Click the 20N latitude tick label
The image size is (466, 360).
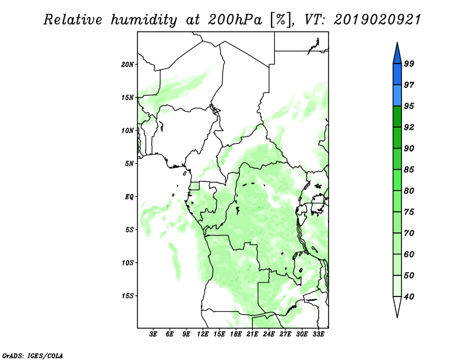[x=128, y=65]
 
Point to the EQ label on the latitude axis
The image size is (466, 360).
[x=129, y=197]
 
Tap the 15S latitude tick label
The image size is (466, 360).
[x=128, y=296]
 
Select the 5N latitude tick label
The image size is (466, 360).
[x=129, y=164]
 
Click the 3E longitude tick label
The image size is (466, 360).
[x=153, y=334]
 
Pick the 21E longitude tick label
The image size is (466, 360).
[x=252, y=334]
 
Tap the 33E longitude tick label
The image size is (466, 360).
[x=318, y=334]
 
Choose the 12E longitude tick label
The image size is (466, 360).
[x=203, y=334]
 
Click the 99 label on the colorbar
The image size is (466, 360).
[x=409, y=63]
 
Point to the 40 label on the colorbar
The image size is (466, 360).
[x=409, y=297]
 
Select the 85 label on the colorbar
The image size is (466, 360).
[x=409, y=170]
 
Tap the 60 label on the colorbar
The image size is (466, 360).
[x=409, y=254]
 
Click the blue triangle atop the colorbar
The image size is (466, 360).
[x=397, y=55]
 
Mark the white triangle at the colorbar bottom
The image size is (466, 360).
[x=397, y=305]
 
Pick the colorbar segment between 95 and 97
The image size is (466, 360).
[x=397, y=96]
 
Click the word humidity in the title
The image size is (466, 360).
[x=144, y=20]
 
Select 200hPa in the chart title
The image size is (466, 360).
[x=235, y=20]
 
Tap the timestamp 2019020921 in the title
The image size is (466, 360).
[x=377, y=20]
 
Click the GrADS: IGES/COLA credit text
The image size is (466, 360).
[x=33, y=356]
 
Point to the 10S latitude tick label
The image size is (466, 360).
[x=128, y=263]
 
